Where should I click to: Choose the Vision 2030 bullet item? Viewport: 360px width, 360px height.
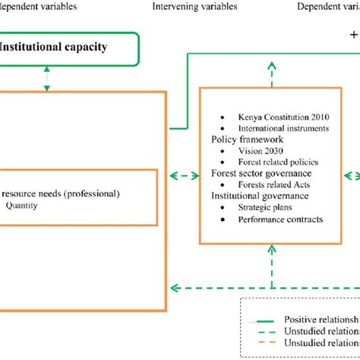[257, 151]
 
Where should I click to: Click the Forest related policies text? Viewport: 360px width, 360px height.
[276, 163]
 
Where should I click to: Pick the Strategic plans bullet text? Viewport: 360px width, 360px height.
[263, 207]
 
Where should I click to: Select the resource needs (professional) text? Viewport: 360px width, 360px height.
[59, 194]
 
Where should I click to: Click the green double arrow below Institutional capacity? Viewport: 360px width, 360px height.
[48, 77]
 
